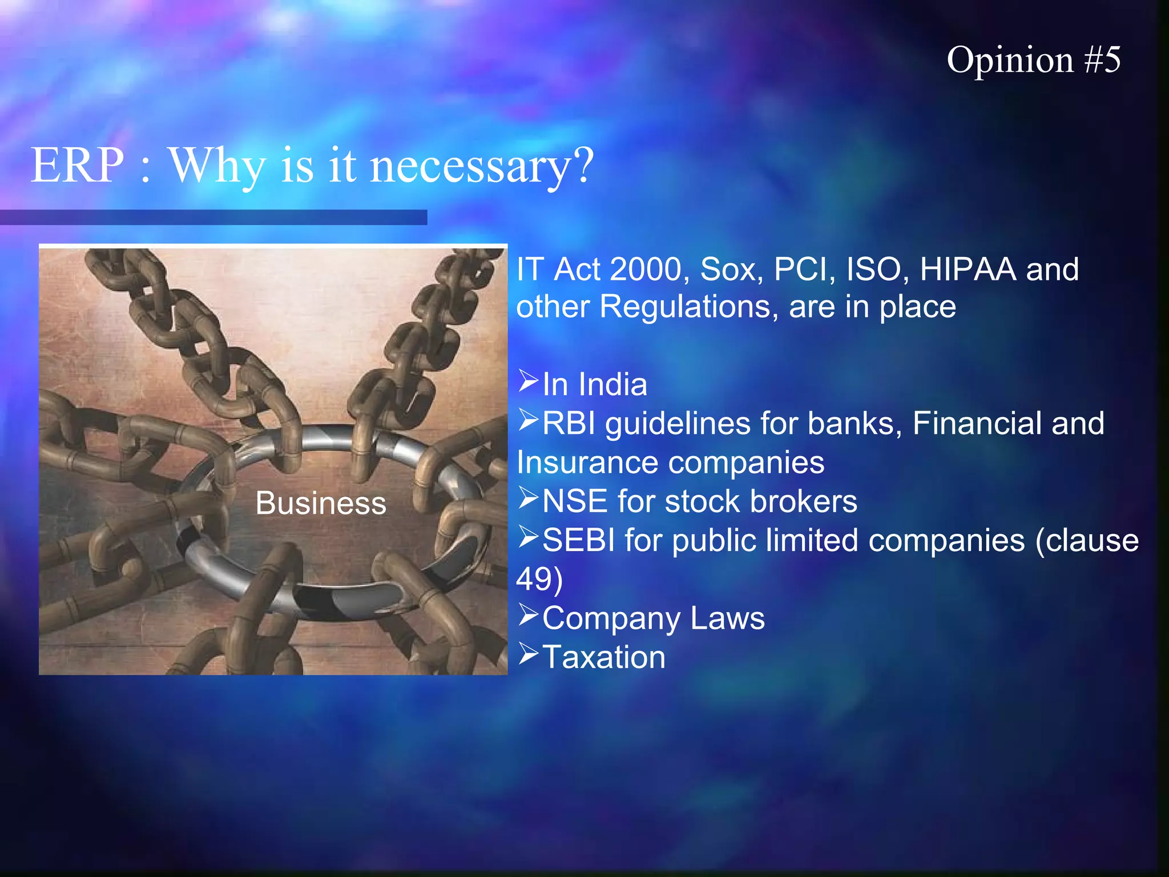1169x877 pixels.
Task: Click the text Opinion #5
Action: tap(1033, 60)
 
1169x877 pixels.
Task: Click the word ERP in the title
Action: tap(77, 165)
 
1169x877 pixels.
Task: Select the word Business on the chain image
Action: tap(321, 504)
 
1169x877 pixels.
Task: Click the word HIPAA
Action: tap(968, 269)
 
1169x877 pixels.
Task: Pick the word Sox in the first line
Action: tap(731, 269)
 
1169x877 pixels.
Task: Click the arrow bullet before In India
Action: tap(529, 381)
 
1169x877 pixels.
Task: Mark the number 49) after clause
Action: tap(539, 579)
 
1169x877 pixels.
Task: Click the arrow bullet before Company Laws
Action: tap(529, 615)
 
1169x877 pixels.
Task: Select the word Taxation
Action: tap(604, 657)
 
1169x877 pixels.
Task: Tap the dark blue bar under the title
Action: tap(213, 218)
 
